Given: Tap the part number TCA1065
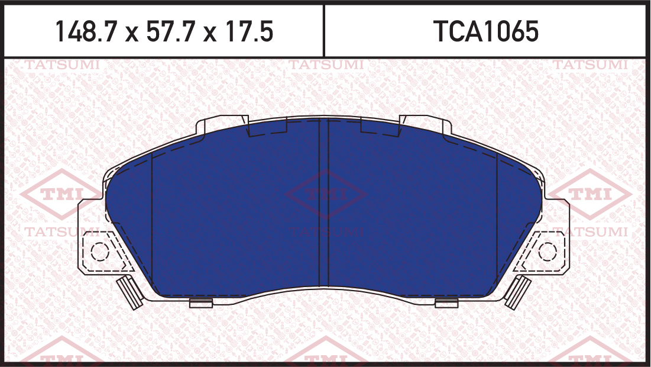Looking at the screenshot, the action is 486,31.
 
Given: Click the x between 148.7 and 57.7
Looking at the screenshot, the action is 131,34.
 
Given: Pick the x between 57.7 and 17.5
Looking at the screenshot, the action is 210,34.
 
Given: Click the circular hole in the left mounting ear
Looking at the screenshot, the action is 100,252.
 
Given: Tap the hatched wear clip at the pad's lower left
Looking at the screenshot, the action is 129,292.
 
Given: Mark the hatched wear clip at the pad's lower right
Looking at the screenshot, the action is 518,292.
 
